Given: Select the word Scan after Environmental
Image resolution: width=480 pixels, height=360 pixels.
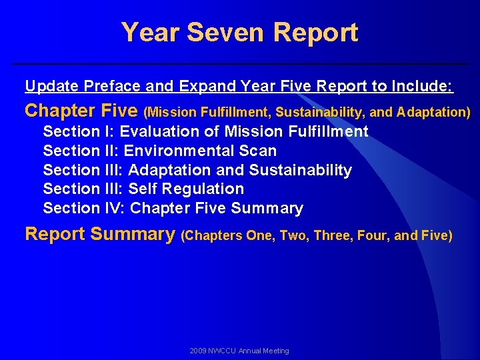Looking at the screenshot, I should click(x=257, y=151).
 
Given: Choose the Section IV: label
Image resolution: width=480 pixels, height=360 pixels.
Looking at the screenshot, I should click(x=84, y=208).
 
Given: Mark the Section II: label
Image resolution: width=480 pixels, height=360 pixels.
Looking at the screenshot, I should click(x=81, y=151).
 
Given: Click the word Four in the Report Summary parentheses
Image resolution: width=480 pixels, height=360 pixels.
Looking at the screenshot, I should click(x=377, y=235).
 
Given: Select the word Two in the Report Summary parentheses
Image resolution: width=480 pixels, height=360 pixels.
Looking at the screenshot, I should click(x=292, y=235).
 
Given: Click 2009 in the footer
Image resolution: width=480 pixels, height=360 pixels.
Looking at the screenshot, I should click(x=198, y=351).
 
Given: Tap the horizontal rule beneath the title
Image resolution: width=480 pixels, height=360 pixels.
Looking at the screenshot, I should click(x=240, y=64).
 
